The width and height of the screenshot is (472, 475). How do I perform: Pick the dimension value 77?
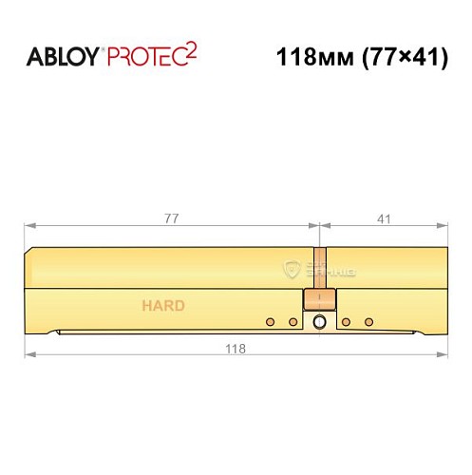click(x=172, y=218)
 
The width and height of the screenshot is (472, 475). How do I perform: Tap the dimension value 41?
click(x=384, y=218)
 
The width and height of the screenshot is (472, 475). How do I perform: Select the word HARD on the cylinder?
click(x=163, y=306)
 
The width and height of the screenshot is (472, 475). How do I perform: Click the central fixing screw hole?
click(x=319, y=323)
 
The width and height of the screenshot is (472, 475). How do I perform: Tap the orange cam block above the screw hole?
click(x=318, y=301)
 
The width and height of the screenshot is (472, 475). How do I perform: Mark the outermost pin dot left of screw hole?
click(x=270, y=322)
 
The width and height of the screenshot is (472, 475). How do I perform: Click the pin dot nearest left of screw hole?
click(x=293, y=322)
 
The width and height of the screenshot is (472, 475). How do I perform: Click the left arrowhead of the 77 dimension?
click(x=29, y=227)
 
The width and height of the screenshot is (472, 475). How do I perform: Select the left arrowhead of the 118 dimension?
click(x=29, y=356)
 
